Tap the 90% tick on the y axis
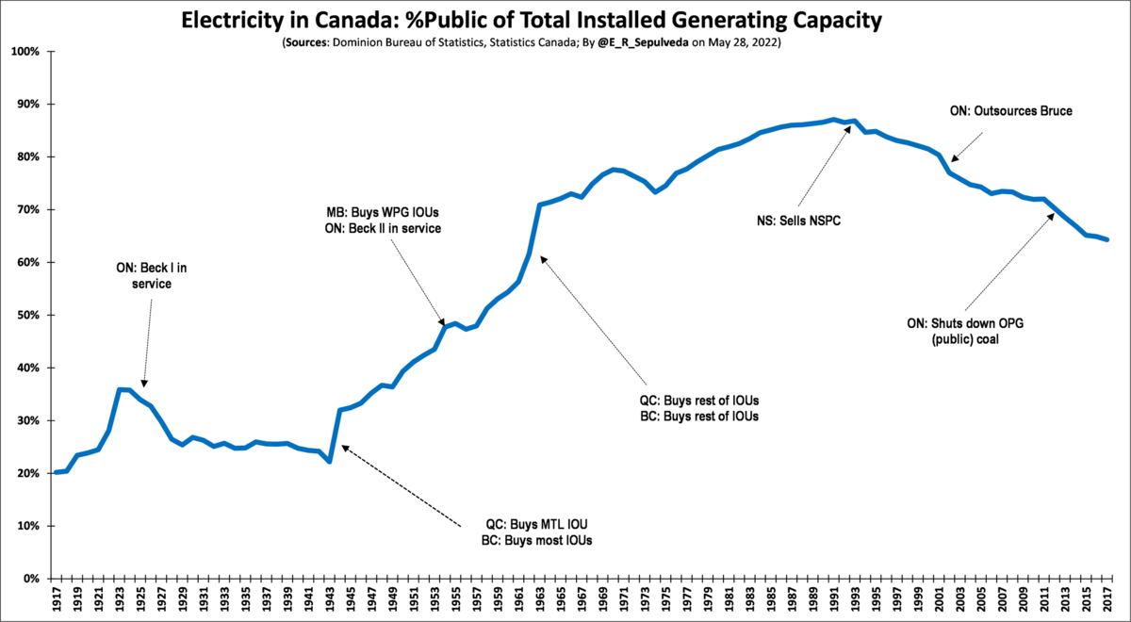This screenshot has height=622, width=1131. click(x=25, y=105)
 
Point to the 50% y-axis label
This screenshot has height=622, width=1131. click(x=25, y=316)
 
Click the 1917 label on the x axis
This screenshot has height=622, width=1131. click(x=57, y=599)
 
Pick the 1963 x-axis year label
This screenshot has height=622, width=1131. click(x=539, y=599)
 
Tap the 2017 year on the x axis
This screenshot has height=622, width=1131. click(x=1108, y=599)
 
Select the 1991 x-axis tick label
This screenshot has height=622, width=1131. click(x=834, y=599)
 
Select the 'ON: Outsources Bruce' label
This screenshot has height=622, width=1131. click(x=1010, y=111)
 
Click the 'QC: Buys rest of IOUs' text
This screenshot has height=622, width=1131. click(x=698, y=399)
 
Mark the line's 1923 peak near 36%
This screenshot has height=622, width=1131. click(x=120, y=389)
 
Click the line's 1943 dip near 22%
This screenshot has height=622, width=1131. click(x=330, y=461)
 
